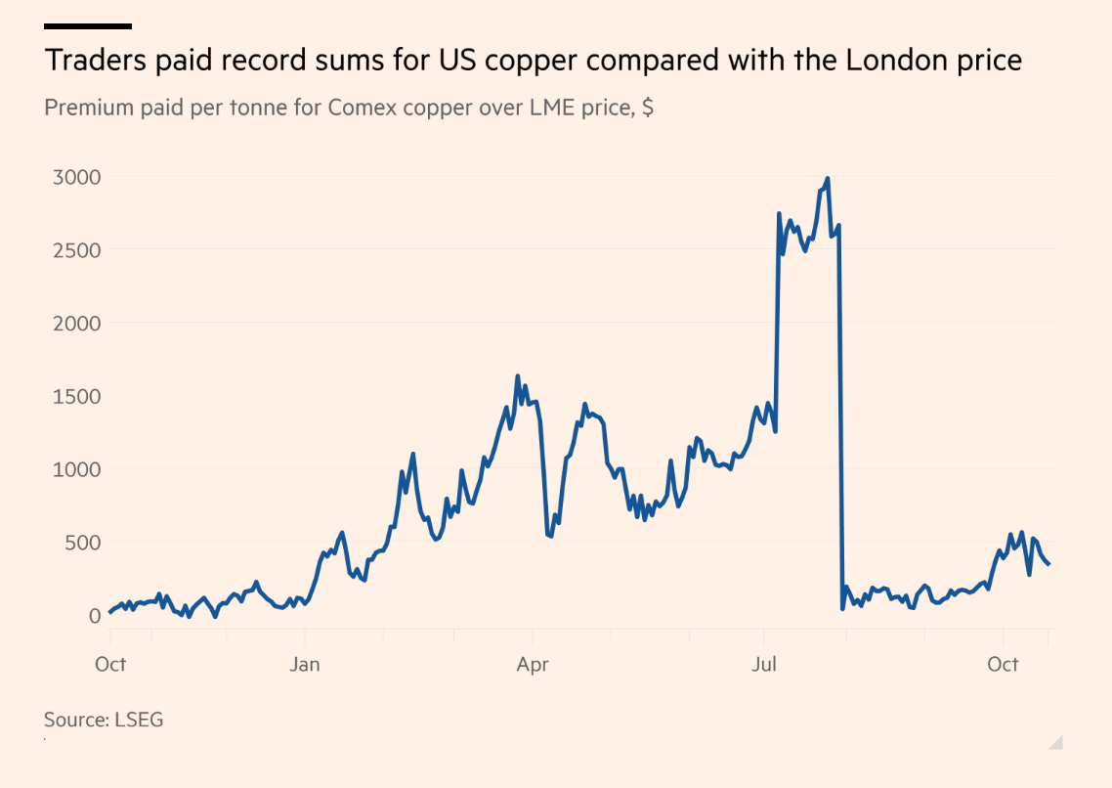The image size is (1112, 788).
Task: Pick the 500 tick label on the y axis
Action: (80, 543)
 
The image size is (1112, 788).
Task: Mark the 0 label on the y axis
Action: (95, 615)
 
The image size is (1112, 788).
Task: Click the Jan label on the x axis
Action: (305, 665)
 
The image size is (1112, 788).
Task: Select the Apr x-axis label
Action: (533, 665)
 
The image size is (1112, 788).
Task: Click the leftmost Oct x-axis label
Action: (110, 665)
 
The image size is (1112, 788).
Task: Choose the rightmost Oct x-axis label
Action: (1003, 665)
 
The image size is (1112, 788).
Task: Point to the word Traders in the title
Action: (94, 61)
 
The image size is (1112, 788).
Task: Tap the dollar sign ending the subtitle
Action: (648, 108)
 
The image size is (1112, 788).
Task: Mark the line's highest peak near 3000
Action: (828, 179)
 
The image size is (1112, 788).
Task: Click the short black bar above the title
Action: (88, 26)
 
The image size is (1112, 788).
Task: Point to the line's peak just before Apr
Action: (518, 376)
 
